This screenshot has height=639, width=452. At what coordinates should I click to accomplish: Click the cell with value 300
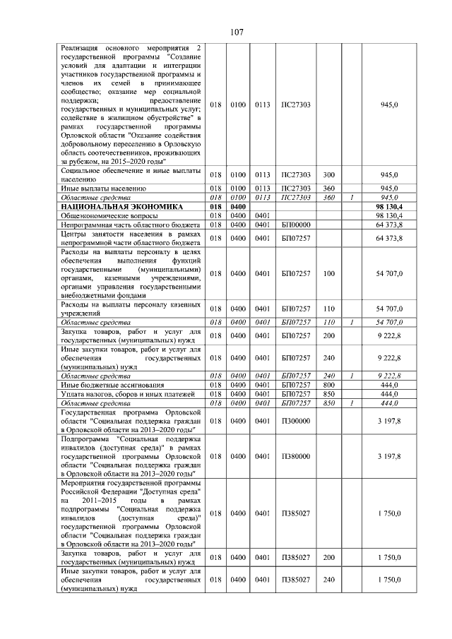(328, 174)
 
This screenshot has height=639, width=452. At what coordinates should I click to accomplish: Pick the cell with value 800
(328, 384)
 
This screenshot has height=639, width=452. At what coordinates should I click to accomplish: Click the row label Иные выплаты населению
(103, 189)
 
